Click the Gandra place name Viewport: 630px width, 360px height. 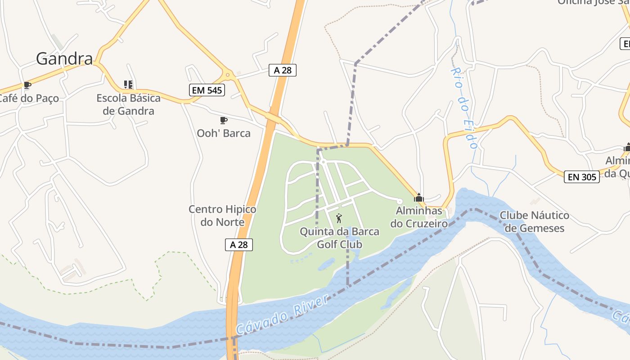(x=64, y=58)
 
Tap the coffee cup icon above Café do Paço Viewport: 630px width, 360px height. (x=27, y=85)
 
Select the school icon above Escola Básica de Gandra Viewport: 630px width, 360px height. (x=128, y=85)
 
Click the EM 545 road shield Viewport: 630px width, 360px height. (x=207, y=90)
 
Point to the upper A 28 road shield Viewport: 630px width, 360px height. (x=283, y=70)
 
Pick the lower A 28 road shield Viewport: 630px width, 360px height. (x=238, y=245)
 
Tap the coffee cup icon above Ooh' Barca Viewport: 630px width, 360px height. (x=223, y=120)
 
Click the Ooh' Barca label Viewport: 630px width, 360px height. (x=224, y=133)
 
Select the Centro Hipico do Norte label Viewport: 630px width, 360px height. (x=222, y=216)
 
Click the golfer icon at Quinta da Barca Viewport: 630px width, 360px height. (x=339, y=219)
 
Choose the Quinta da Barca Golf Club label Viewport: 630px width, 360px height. (x=339, y=238)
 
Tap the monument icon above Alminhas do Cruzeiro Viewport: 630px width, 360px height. (x=419, y=198)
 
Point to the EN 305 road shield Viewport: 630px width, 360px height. (x=582, y=177)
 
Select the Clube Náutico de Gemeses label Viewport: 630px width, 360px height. (x=535, y=222)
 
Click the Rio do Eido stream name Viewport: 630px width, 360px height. (x=464, y=108)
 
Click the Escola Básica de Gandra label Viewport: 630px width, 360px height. (x=129, y=104)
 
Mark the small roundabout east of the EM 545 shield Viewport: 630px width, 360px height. (x=228, y=75)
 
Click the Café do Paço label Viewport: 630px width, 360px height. (x=28, y=98)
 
